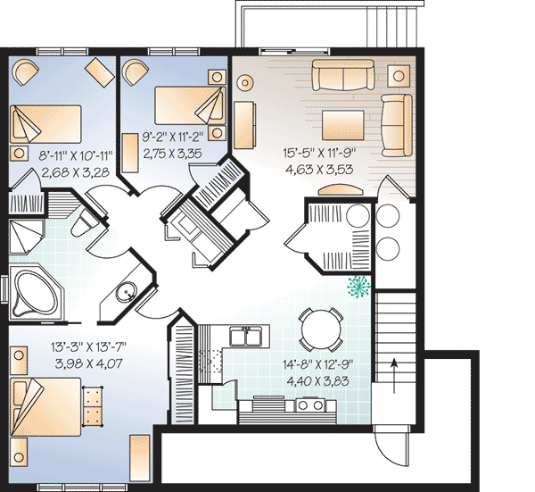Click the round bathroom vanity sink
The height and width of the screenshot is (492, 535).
[127, 293]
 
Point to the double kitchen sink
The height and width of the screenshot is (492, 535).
[246, 336]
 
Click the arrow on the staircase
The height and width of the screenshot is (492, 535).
[394, 376]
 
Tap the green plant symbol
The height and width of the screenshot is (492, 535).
[358, 287]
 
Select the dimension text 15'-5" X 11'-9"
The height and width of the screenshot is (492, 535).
[319, 153]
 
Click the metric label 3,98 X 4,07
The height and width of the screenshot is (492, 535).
[88, 363]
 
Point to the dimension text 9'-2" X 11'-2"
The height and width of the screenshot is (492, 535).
[173, 137]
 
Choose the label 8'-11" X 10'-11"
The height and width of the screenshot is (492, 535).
[76, 156]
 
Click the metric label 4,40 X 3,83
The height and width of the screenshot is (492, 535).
[317, 380]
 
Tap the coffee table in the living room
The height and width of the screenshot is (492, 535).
[343, 125]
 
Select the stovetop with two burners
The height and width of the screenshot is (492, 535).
[310, 405]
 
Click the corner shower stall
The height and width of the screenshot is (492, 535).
[26, 237]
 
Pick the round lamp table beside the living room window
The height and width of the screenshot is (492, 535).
[245, 82]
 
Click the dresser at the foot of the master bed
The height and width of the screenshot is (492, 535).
[93, 406]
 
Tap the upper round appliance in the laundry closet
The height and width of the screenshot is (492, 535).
[388, 216]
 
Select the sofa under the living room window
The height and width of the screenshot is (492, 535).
[343, 75]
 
